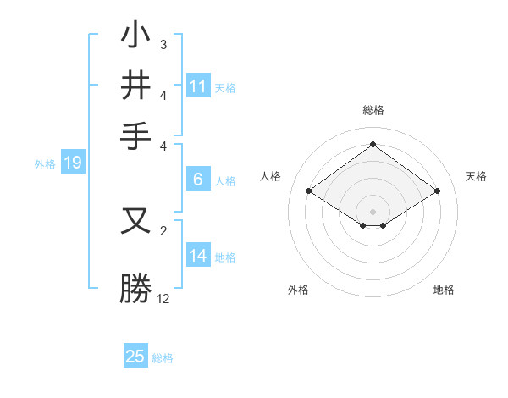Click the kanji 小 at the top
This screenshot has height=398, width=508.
(x=136, y=38)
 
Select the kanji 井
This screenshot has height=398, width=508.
(x=136, y=86)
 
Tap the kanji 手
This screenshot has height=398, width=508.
(x=136, y=135)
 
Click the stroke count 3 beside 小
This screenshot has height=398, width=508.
(x=163, y=44)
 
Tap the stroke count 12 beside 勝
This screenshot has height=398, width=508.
(x=163, y=299)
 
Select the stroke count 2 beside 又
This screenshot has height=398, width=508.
(x=163, y=229)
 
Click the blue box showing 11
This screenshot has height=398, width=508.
(x=197, y=86)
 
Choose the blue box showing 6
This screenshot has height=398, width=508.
(x=197, y=180)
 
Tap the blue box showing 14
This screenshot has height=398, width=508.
(x=197, y=256)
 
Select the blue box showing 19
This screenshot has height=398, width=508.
(x=72, y=163)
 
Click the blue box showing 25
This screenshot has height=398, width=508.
(x=135, y=357)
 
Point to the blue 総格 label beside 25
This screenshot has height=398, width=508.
(x=163, y=358)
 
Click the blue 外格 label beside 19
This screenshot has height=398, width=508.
(x=45, y=164)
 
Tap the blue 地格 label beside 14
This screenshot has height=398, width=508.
(x=225, y=257)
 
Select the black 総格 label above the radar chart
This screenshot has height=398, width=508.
(x=373, y=110)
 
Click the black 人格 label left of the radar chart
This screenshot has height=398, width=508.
(x=271, y=176)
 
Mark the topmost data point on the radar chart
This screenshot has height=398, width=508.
(x=373, y=144)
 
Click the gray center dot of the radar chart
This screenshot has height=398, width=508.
(x=373, y=210)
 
